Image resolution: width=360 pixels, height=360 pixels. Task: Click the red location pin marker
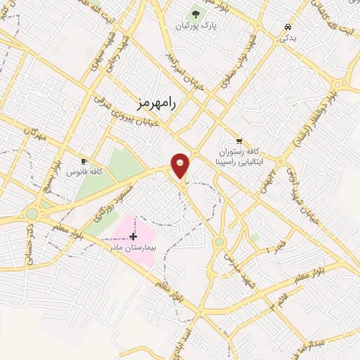[x=181, y=165]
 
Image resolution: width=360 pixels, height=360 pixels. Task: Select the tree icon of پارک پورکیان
[x=195, y=14]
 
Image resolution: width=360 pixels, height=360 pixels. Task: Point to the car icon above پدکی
[x=288, y=27]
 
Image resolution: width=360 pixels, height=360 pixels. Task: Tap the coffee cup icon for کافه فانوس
[x=85, y=161]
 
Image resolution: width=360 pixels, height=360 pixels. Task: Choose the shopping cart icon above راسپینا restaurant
[x=239, y=141]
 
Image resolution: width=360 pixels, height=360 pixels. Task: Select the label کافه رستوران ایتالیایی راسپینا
[x=239, y=156]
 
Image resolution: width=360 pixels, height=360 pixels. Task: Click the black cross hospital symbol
[x=133, y=236]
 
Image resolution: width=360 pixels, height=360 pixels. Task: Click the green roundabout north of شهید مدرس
[x=219, y=242]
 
